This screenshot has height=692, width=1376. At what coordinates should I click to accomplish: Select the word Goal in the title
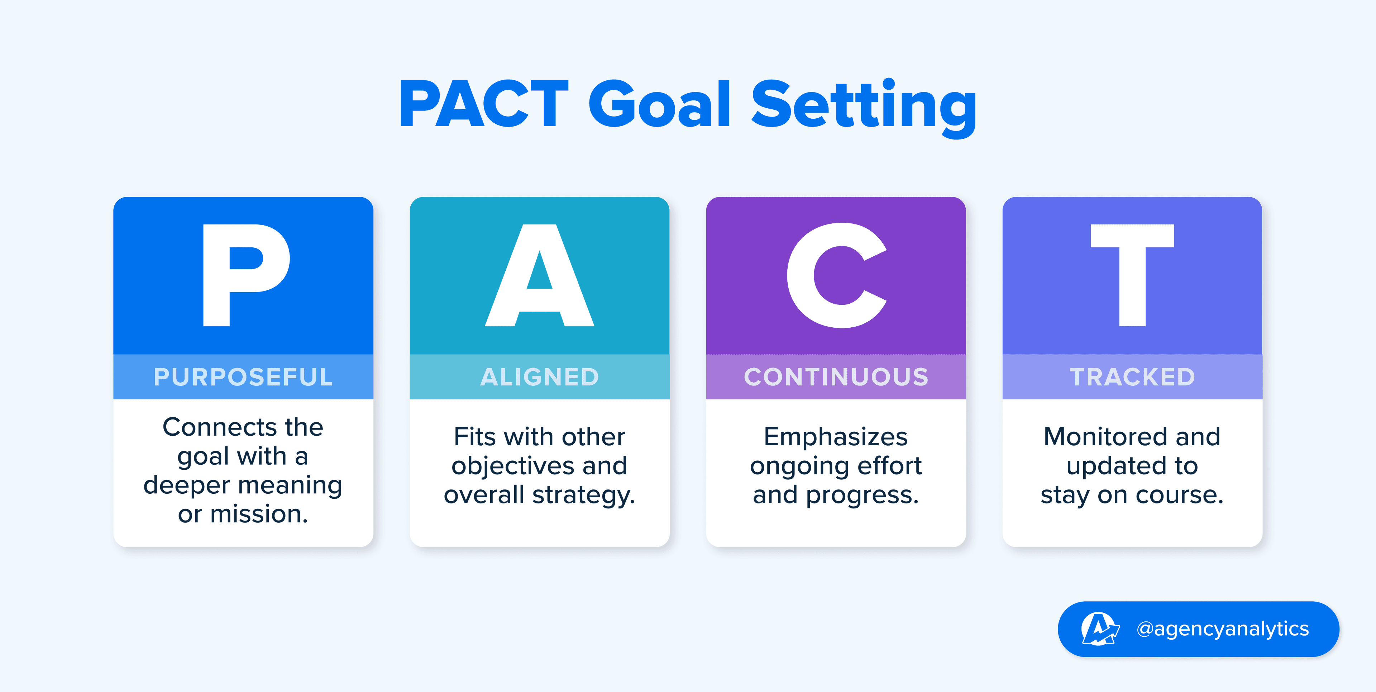[660, 104]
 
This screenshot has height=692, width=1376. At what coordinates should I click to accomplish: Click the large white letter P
[246, 275]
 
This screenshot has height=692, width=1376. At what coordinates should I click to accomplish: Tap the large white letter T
[1132, 275]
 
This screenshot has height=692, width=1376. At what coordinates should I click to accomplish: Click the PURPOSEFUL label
[243, 377]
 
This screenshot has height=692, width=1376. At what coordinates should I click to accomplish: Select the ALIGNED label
[540, 377]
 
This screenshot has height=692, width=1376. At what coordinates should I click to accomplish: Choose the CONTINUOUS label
[836, 377]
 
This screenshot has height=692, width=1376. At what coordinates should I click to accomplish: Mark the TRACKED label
[1132, 377]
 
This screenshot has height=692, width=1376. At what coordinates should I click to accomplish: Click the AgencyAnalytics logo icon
[1099, 629]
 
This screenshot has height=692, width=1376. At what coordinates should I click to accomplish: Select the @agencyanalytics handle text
[1223, 629]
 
